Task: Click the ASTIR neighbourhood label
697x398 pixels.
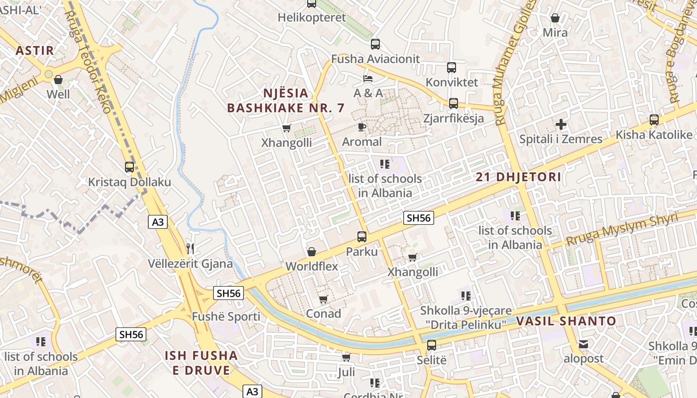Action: [34, 50]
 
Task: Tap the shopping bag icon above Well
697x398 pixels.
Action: [58, 80]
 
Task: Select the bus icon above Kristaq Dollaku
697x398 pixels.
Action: [129, 167]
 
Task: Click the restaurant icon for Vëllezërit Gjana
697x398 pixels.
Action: [190, 248]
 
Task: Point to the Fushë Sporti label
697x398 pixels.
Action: [226, 316]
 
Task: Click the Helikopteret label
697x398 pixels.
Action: [312, 17]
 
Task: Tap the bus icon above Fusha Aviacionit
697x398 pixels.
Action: [375, 44]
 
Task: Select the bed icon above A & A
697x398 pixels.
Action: [368, 79]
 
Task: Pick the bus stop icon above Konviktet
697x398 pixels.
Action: [452, 68]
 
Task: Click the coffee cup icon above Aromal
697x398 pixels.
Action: [362, 127]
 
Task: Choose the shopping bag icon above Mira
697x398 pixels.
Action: [555, 18]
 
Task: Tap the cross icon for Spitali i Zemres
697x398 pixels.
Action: [561, 124]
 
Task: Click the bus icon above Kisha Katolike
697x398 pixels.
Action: [654, 120]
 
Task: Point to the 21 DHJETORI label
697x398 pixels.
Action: [518, 177]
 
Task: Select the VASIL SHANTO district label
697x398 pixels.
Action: [566, 321]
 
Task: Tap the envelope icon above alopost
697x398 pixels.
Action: [583, 344]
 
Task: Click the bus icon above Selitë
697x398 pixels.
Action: [432, 345]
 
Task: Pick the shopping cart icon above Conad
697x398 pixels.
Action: [324, 299]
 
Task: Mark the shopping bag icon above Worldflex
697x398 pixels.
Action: [312, 252]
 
